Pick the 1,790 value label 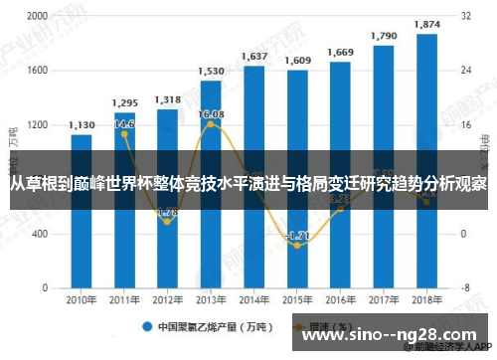coord(384,36)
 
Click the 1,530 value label coord(211,72)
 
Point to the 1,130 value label coord(82,125)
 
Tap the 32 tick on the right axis coord(465,17)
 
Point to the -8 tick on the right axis coord(465,287)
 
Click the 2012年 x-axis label coord(167,299)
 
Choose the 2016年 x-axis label coord(340,299)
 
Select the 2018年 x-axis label coord(426,299)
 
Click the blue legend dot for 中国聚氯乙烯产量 coord(145,326)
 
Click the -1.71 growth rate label coord(297,235)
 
